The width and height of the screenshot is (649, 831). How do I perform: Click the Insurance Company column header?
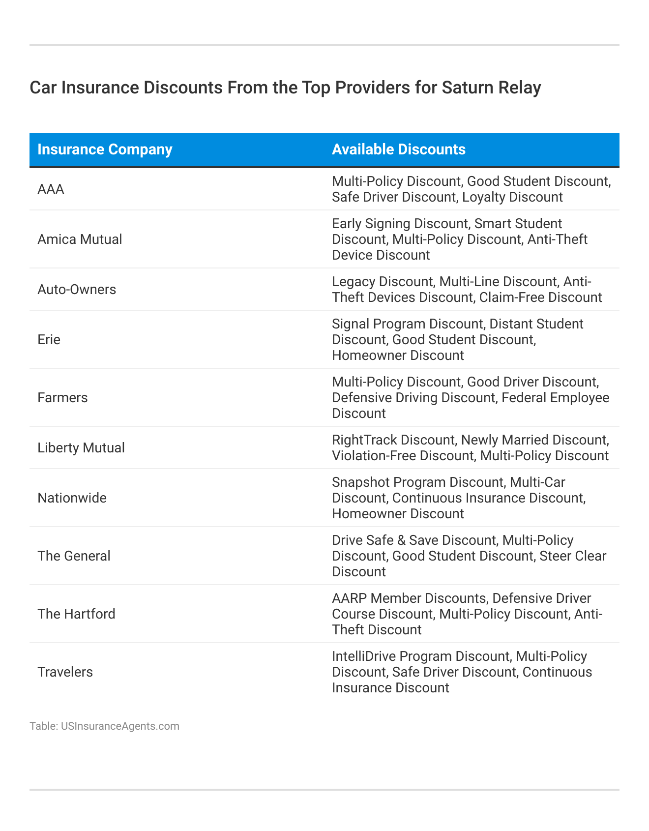coord(105,149)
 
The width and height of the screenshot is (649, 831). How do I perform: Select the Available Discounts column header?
coord(398,149)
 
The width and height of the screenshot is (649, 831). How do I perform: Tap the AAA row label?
coord(51,189)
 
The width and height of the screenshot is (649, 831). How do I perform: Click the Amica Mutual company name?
coord(80,239)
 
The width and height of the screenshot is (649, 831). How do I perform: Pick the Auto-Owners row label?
coord(77,290)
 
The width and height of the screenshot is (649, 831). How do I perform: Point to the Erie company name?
coord(49,340)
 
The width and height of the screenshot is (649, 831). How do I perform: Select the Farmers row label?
coord(62,398)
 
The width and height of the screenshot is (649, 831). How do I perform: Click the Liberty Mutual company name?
coord(81,448)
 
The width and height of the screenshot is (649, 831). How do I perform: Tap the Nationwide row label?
coord(72,498)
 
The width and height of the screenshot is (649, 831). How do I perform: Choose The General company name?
coord(74,556)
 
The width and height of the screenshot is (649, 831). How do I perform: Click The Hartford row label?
coord(76,614)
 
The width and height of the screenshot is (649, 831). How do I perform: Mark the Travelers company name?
coord(65,672)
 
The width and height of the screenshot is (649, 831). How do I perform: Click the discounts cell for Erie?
coord(457,340)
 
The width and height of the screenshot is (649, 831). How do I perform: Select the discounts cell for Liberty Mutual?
coord(470,448)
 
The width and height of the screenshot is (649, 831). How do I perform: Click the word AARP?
coord(350,598)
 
